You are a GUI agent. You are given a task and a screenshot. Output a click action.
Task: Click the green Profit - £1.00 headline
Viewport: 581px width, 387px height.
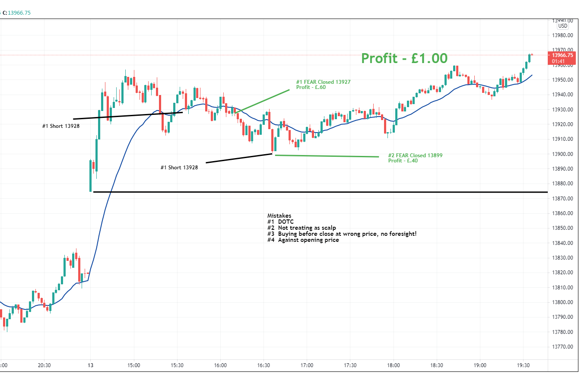point(404,58)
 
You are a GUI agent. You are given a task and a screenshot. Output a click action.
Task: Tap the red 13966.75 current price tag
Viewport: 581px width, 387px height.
point(562,55)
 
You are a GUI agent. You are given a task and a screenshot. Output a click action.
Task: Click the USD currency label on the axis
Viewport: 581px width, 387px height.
point(562,26)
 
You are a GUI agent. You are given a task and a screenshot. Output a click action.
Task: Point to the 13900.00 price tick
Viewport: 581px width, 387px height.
point(562,154)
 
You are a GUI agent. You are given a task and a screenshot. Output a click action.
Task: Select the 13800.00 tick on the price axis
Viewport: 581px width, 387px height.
point(562,302)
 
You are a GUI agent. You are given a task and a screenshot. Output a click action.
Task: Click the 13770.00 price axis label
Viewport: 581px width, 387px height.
point(562,347)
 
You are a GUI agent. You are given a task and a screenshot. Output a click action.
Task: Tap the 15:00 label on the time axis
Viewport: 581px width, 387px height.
point(134,365)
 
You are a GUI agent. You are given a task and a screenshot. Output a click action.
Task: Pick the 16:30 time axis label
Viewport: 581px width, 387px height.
point(264,365)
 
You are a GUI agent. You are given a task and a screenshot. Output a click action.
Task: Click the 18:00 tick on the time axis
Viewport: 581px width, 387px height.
point(394,365)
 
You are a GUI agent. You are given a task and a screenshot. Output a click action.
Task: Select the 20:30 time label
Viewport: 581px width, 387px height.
point(44,365)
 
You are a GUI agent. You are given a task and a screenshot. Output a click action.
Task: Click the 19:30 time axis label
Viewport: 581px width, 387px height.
point(523,365)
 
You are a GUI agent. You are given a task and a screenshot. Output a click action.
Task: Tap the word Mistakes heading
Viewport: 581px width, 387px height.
point(279,216)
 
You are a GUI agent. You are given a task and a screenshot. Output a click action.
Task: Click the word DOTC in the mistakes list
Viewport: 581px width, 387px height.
point(286,222)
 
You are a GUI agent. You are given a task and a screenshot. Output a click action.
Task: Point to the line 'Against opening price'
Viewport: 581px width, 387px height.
point(308,240)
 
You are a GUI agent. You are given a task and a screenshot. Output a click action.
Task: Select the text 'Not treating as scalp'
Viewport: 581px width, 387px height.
point(307,228)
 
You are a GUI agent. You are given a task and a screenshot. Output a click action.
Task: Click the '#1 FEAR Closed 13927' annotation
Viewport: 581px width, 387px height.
point(323,82)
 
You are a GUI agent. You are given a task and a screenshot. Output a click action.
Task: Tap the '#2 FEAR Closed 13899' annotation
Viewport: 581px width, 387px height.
point(415,155)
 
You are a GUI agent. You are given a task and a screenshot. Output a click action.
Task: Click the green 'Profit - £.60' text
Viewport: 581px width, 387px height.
point(311,87)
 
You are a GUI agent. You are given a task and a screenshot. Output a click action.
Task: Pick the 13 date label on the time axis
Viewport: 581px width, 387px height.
point(90,365)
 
